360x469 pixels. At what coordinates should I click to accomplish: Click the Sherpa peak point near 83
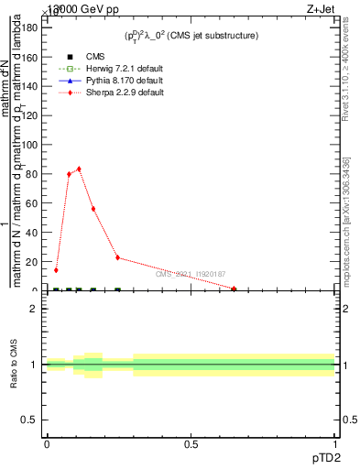tap(79, 169)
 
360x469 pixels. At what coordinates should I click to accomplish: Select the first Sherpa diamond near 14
tap(56, 270)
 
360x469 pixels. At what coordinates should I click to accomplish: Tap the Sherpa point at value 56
tap(93, 209)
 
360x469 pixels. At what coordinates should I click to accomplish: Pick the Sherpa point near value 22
tap(117, 257)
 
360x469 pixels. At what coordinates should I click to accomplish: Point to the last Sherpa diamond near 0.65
tap(235, 289)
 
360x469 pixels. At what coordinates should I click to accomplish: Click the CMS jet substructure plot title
tap(191, 36)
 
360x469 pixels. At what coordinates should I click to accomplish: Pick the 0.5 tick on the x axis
tap(191, 445)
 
